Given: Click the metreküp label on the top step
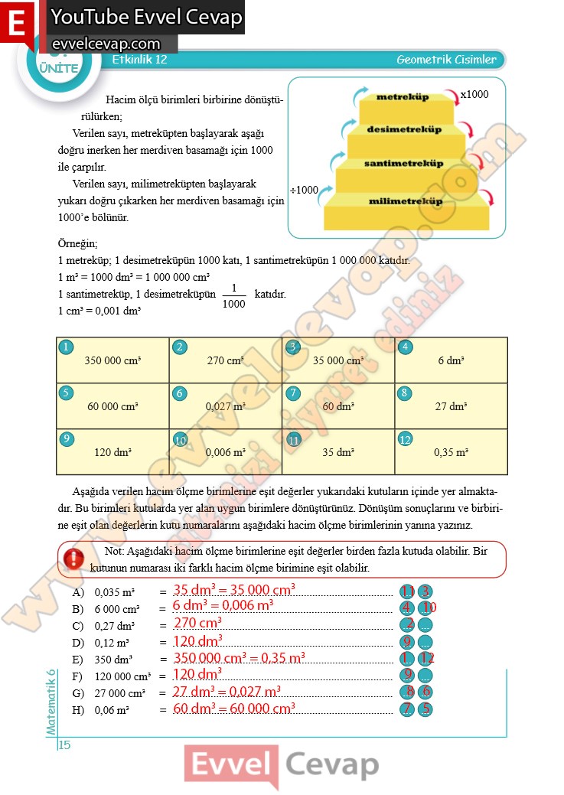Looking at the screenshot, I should click(402, 97).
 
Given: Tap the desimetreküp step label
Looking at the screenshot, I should click(404, 129).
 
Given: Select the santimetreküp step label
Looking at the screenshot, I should click(403, 164).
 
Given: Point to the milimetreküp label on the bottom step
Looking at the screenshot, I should click(406, 201).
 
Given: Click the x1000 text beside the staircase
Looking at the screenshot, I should click(474, 95).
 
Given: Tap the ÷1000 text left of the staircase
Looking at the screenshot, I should click(304, 190).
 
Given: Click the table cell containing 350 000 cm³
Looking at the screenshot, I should click(112, 360).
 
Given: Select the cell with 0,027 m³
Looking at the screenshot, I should click(225, 406).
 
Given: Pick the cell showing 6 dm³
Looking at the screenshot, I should click(451, 360).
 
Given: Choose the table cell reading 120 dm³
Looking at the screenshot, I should click(112, 452).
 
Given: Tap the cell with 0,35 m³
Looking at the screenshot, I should click(451, 452).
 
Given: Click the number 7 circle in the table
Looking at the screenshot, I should click(292, 393).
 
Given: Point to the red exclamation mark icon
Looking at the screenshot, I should click(74, 559).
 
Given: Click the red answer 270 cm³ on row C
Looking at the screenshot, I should click(197, 624).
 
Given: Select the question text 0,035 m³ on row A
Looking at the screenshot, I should click(114, 592).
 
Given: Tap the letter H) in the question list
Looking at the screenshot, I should click(77, 710).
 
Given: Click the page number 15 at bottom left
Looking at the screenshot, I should click(64, 745).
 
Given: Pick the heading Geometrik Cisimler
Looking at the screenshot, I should click(446, 60).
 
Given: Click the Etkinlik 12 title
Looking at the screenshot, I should click(139, 60).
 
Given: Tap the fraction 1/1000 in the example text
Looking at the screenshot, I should click(233, 296).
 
